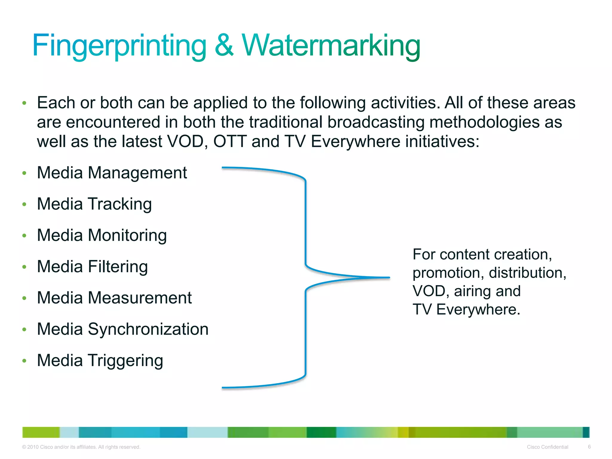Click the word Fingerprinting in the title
pos(119,45)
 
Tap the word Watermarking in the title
pos(331,45)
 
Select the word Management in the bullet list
pos(137,173)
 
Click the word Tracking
pos(120,204)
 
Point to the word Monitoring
pos(127,235)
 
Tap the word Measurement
pos(140,298)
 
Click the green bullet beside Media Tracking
pos(25,204)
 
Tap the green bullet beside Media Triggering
pos(25,361)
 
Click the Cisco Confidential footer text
pos(547,447)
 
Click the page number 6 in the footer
pos(589,447)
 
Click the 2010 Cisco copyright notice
pos(81,447)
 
